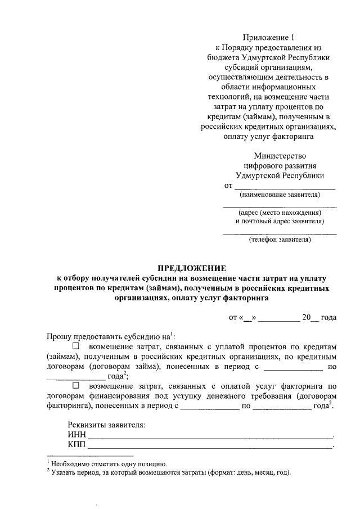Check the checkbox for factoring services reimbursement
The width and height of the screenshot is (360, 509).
click(x=76, y=386)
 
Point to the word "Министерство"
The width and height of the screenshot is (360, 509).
click(x=280, y=155)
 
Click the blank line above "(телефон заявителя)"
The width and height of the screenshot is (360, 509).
click(x=280, y=232)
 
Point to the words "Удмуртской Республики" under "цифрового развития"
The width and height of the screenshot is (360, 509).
click(x=280, y=175)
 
